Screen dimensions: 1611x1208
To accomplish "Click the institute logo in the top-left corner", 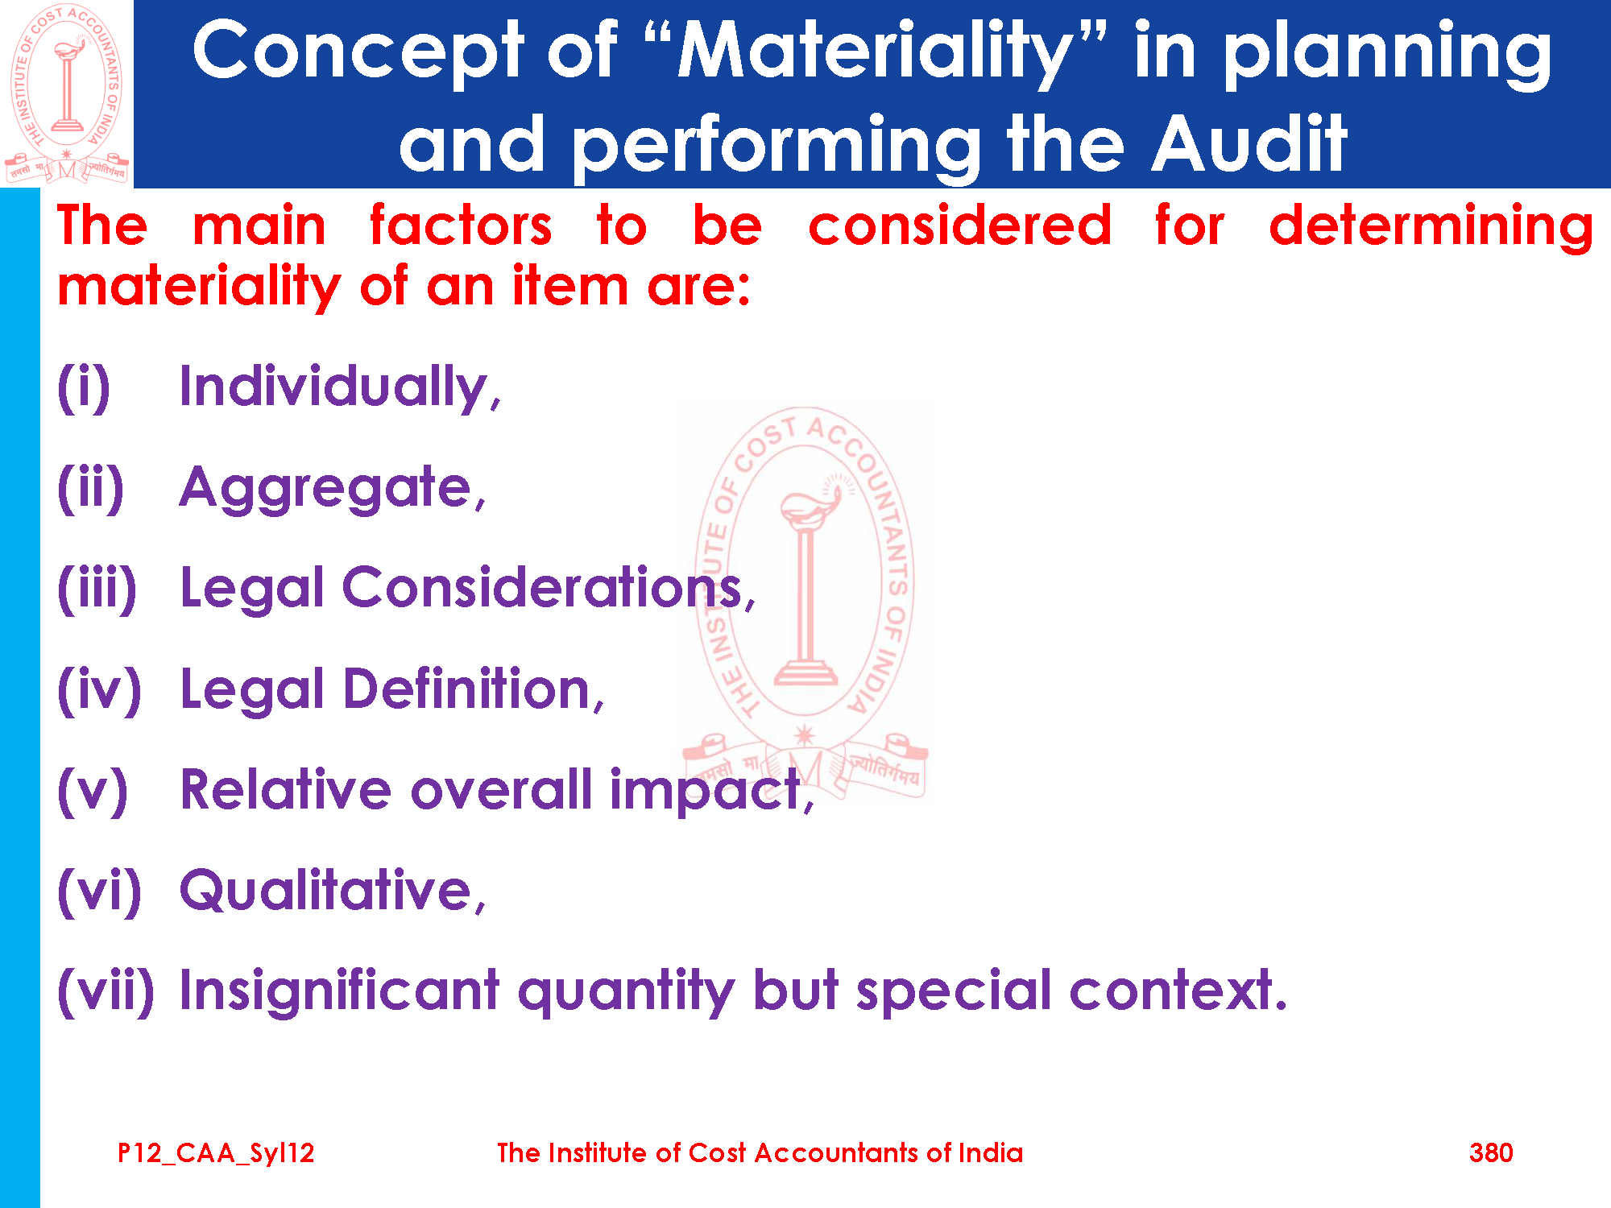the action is (67, 93).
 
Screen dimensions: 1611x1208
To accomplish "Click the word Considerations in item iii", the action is (542, 587).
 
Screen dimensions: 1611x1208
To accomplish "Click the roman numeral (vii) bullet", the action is (106, 991).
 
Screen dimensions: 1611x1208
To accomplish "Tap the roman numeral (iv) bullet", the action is (99, 690).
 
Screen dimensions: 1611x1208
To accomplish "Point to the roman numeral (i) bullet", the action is (84, 388).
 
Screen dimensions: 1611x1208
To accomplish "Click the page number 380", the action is (1491, 1152).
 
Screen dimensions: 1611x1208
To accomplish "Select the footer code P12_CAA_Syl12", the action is (216, 1153).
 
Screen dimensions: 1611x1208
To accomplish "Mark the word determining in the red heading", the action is (1431, 225).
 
